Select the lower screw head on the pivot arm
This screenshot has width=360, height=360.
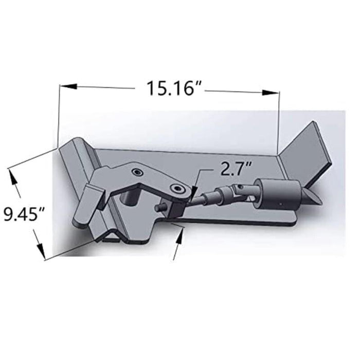(177, 188)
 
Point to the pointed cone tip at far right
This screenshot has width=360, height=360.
(315, 198)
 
